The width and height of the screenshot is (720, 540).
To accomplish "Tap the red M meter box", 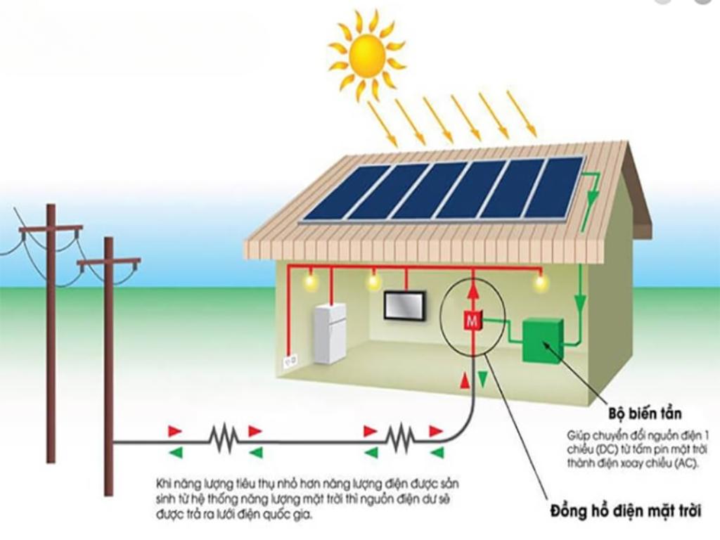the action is (x=472, y=320).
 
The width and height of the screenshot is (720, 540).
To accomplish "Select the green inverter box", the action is (x=542, y=340).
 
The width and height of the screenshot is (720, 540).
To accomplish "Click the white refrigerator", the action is (x=329, y=333).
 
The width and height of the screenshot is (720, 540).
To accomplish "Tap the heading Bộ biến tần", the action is (x=645, y=413).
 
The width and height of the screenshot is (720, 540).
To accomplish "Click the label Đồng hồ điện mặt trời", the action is (x=626, y=511).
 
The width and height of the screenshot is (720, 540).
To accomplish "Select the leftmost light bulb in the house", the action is (x=310, y=278).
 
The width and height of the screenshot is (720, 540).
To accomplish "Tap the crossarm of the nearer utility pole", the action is (x=109, y=262).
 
